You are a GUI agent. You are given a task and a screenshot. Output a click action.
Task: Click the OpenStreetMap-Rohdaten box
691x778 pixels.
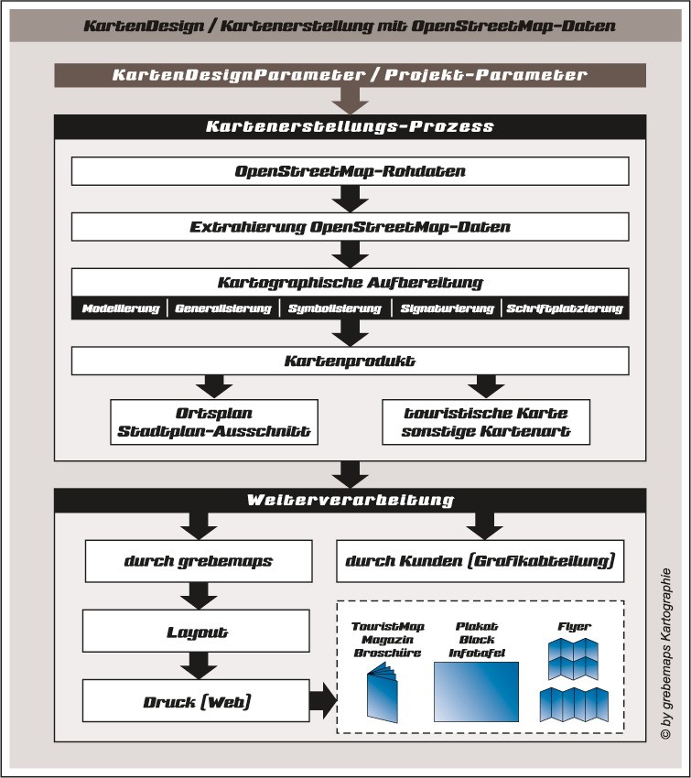click(350, 171)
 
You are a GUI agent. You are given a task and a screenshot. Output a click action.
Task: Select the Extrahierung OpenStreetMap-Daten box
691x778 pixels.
click(350, 226)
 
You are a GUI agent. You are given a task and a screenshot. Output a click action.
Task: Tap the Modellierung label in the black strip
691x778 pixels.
click(121, 309)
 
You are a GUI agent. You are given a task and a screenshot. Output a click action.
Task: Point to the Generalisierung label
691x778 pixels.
click(223, 309)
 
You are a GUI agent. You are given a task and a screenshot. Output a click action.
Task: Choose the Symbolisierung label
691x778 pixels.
click(335, 309)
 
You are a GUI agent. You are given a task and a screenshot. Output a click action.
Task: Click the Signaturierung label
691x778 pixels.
click(448, 309)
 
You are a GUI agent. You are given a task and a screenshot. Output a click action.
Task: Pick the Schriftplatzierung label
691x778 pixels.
click(565, 309)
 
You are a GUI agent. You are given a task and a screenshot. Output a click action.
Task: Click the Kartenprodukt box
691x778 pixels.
click(350, 362)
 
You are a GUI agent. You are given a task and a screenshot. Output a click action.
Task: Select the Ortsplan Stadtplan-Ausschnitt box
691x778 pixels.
click(214, 422)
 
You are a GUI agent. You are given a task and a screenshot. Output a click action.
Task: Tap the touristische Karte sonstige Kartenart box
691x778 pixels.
click(485, 422)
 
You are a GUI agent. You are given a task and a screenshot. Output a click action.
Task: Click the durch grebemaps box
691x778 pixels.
click(199, 561)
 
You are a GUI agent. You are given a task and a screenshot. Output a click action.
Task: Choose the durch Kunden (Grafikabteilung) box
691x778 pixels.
click(480, 561)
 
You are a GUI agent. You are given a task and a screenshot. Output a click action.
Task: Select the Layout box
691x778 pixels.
click(199, 632)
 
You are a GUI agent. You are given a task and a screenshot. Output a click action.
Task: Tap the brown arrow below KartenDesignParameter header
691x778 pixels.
click(350, 100)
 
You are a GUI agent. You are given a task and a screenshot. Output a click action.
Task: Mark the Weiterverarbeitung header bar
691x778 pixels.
click(350, 501)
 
